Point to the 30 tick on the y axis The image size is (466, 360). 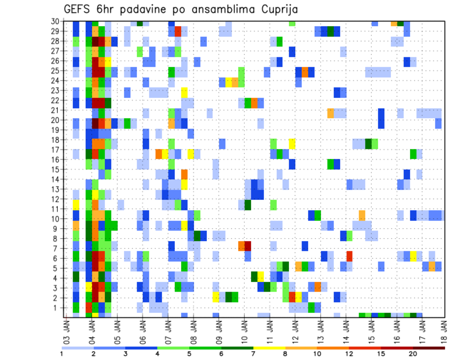click(x=56, y=21)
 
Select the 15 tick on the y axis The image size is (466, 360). click(x=56, y=169)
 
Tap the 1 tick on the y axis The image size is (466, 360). click(x=58, y=308)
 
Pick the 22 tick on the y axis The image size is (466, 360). click(x=56, y=100)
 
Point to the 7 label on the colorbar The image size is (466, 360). click(x=253, y=354)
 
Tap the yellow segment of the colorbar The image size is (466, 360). click(x=269, y=348)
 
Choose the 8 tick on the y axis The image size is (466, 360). click(x=58, y=239)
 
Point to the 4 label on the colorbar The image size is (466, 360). click(x=157, y=354)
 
